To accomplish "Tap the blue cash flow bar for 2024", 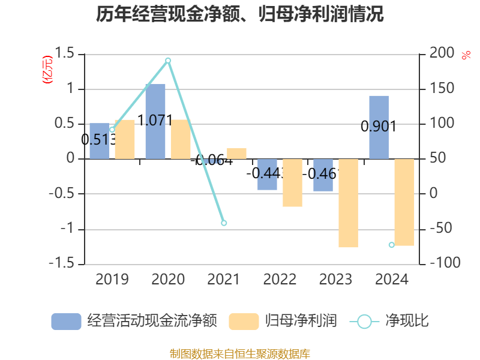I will pyautogui.click(x=379, y=127).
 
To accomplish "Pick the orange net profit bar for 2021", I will pyautogui.click(x=236, y=153).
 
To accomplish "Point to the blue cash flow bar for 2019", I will pyautogui.click(x=100, y=141).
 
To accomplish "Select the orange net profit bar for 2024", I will pyautogui.click(x=404, y=202).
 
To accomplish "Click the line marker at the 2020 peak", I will pyautogui.click(x=168, y=60).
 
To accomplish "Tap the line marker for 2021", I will pyautogui.click(x=224, y=223).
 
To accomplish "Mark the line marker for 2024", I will pyautogui.click(x=391, y=245).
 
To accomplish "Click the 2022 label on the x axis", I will pyautogui.click(x=280, y=280).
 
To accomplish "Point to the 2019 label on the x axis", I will pyautogui.click(x=112, y=280).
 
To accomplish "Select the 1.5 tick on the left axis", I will pyautogui.click(x=67, y=55).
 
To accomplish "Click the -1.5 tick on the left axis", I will pyautogui.click(x=62, y=263).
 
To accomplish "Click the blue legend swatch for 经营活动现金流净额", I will pyautogui.click(x=66, y=322).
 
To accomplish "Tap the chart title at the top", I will pyautogui.click(x=240, y=14).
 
